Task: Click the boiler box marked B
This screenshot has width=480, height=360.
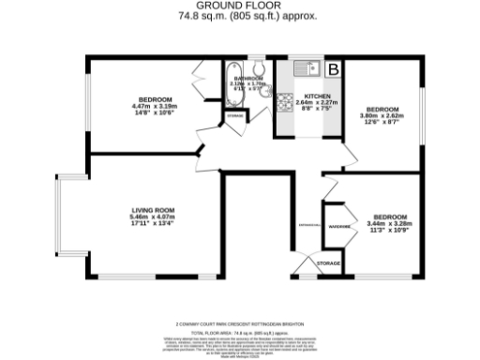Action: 333,68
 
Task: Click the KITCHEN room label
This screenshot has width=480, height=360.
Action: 313,96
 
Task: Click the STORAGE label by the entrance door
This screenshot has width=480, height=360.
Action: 328,264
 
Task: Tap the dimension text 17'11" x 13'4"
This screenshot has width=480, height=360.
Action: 152,224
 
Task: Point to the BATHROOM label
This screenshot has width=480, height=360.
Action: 248,78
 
